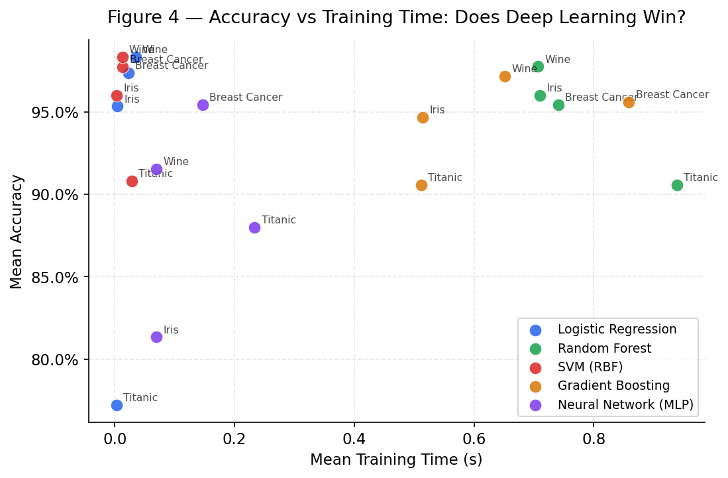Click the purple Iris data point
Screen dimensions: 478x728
pos(156,337)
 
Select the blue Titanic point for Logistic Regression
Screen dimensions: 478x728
pos(117,405)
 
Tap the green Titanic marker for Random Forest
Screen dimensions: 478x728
pos(677,185)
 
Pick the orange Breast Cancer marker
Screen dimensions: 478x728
pos(629,102)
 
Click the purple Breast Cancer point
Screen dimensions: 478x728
pos(203,105)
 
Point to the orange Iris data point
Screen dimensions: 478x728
pos(423,117)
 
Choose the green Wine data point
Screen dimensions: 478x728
pos(538,66)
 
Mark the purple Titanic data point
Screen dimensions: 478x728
pos(254,227)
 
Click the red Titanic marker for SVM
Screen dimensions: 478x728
pos(132,181)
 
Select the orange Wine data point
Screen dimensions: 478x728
pos(505,76)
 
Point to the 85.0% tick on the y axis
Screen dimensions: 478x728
pos(56,277)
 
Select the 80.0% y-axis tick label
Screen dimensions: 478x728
pos(56,360)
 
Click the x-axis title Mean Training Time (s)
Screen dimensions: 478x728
pos(396,459)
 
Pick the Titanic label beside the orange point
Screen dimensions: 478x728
pos(445,178)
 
